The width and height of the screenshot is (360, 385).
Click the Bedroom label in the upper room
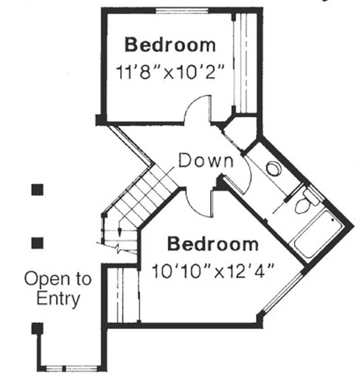170,45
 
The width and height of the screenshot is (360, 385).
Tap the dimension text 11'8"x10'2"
170,72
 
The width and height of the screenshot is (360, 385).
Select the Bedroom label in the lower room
213,245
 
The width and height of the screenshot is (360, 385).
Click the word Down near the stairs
206,161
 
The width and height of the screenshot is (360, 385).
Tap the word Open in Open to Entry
42,279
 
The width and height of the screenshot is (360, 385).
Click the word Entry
58,298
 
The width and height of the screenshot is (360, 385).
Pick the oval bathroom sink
274,169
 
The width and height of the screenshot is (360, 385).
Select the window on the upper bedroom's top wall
182,9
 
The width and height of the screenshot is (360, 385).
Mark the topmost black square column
37,190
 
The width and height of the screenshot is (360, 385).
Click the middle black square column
37,243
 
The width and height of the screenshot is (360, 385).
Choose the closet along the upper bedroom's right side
246,63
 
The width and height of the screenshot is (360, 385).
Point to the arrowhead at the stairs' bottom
120,232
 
